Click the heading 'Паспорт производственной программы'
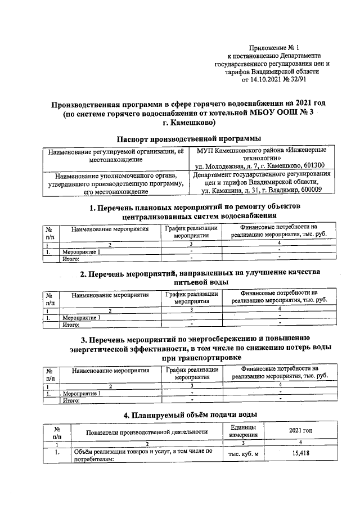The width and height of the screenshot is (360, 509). point(188,138)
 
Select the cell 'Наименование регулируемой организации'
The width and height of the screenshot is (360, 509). point(116,152)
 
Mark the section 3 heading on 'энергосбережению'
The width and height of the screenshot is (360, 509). point(188,347)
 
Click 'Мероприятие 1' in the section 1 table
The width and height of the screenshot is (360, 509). point(82,251)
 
